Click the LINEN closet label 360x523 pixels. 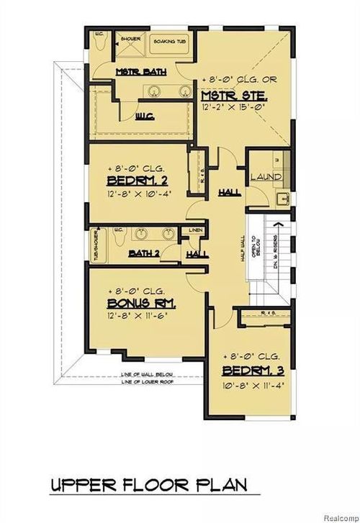(x=195, y=231)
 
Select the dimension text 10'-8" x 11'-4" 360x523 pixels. (x=250, y=386)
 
